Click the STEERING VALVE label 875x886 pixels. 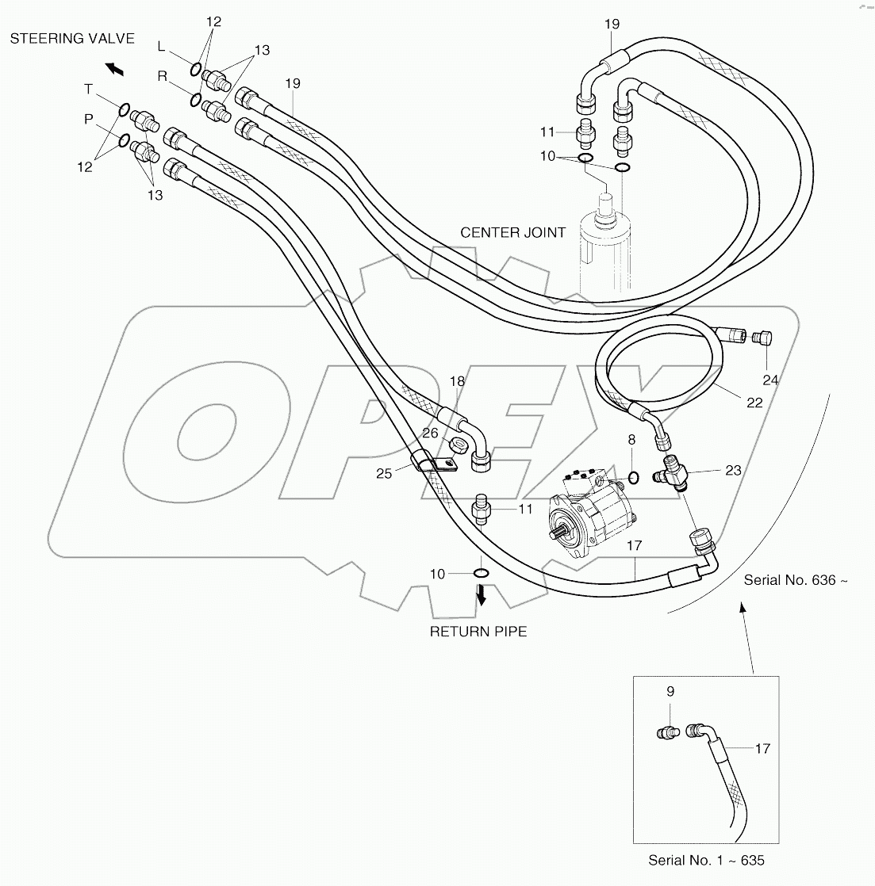point(72,39)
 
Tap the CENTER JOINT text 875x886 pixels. point(513,232)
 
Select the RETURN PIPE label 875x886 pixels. point(478,632)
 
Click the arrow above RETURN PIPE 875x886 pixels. point(481,595)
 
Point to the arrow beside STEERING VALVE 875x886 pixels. point(115,70)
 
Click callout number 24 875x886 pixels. point(770,380)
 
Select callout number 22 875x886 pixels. point(754,403)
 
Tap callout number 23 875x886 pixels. point(732,470)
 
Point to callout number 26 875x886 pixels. point(429,433)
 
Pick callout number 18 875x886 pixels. point(456,382)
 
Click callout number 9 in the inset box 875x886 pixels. point(670,691)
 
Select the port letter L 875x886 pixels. point(161,47)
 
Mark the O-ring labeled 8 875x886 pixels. point(634,477)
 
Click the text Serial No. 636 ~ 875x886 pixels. point(796,580)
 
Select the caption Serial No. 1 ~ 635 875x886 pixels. point(706,860)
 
